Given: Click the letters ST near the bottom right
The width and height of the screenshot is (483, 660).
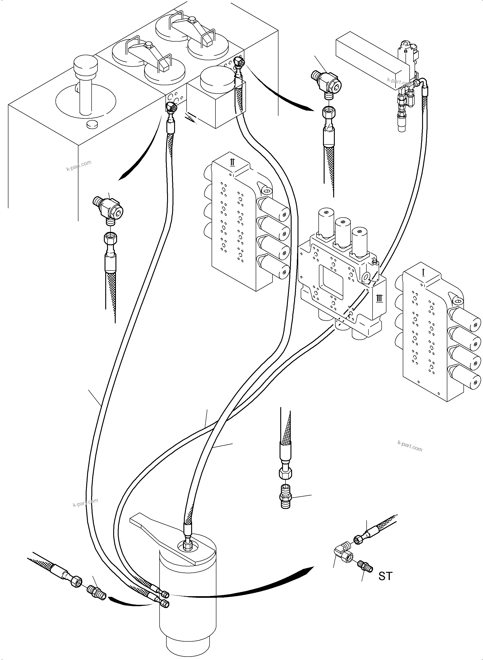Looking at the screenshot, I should point(385,576).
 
